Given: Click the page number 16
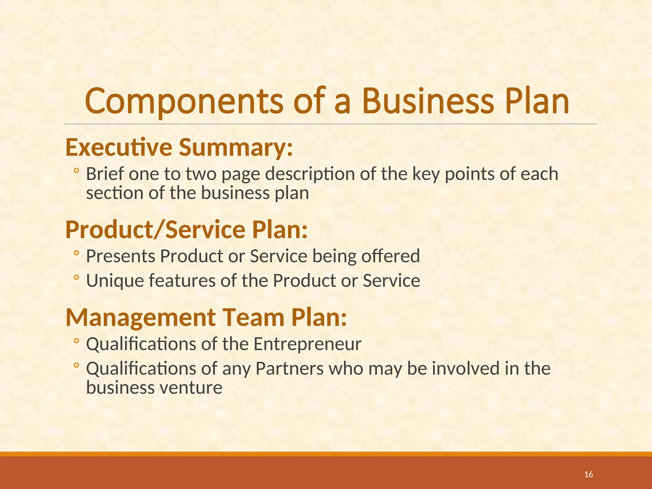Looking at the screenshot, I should [x=589, y=475].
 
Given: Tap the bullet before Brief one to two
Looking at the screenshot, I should [x=76, y=171].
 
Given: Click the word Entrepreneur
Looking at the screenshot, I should [x=307, y=344].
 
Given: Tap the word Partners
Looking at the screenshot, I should [x=289, y=369].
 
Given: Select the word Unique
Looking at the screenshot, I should [x=115, y=281].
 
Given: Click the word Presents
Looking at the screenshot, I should [x=121, y=256].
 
